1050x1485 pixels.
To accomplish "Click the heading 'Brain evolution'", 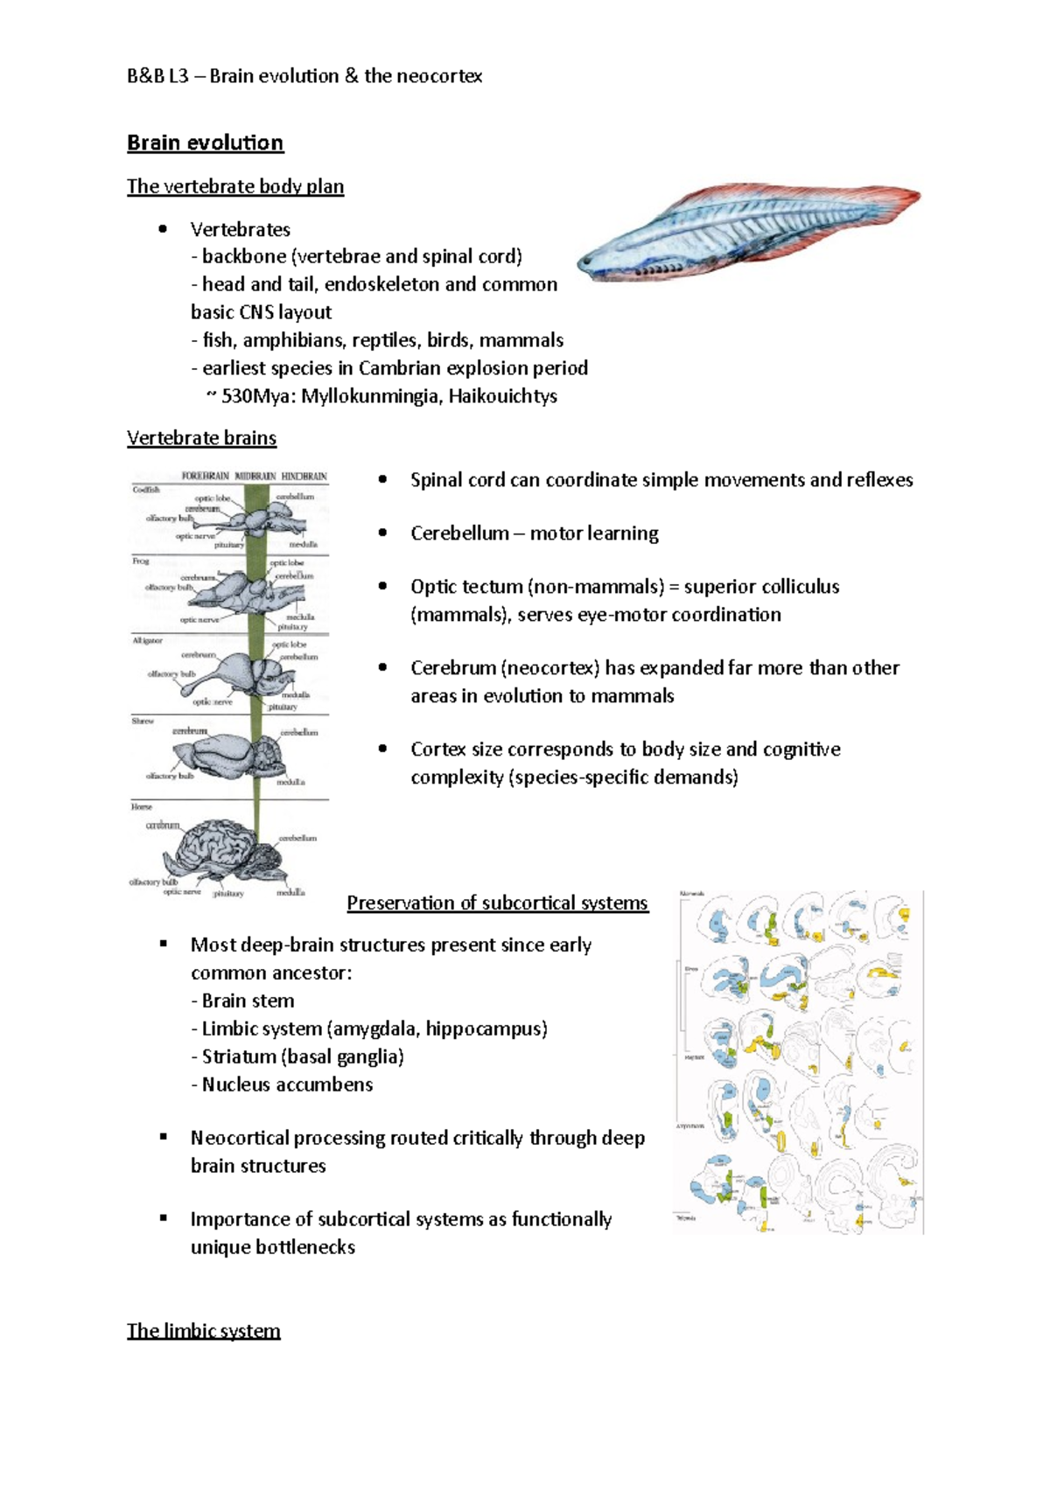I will coord(205,143).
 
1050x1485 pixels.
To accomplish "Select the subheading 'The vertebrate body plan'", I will coord(234,186).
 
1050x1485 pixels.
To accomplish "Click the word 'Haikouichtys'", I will coord(504,396).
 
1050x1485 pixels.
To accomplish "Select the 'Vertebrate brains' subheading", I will coord(201,438).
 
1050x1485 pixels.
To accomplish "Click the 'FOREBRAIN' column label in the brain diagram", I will coord(205,477).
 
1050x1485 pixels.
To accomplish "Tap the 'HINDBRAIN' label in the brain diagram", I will coord(304,477).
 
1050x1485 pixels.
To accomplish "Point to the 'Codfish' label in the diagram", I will coord(146,490).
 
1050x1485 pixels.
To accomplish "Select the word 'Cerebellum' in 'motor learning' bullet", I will coord(459,533).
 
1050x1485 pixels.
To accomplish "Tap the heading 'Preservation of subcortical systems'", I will coord(497,903).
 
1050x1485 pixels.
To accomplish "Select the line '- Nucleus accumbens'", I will coord(282,1085).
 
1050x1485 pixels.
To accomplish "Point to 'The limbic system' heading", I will coord(203,1331).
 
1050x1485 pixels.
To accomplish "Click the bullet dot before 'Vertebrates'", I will coord(162,229).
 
